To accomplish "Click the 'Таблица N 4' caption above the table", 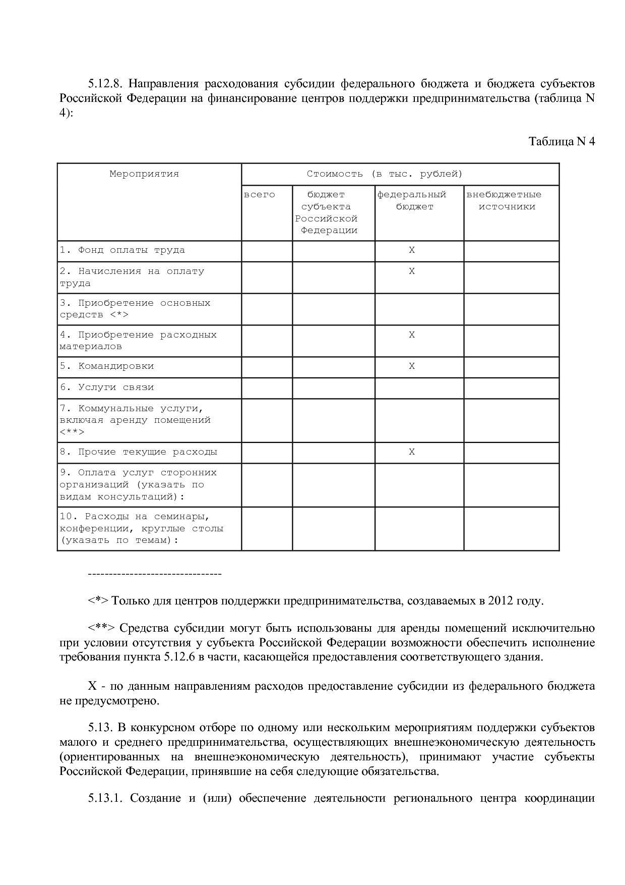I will (x=561, y=141).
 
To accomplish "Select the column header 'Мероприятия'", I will (x=144, y=174).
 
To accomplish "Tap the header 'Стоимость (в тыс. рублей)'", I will (x=385, y=174).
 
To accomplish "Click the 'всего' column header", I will (x=259, y=195).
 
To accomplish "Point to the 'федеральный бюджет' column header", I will (x=413, y=200).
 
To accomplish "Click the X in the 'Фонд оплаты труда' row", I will (x=412, y=250).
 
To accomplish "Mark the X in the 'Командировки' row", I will (x=412, y=366).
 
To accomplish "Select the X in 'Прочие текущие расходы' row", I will (x=412, y=452).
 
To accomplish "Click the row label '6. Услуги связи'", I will (x=107, y=388).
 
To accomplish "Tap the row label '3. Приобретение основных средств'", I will (x=135, y=309).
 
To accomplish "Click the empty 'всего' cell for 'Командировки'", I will (x=267, y=367).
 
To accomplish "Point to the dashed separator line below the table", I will (x=155, y=574).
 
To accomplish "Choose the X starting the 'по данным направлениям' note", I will (x=92, y=687).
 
